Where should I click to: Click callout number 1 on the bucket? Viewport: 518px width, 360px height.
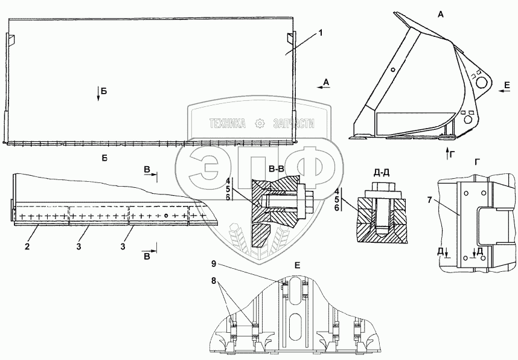tap(321, 32)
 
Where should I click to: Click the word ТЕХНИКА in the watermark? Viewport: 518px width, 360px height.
tap(227, 123)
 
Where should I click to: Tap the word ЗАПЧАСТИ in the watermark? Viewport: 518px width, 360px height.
tap(295, 123)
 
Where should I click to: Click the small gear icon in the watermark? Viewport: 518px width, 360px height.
tap(260, 123)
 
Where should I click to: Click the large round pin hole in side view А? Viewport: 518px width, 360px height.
tap(481, 81)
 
